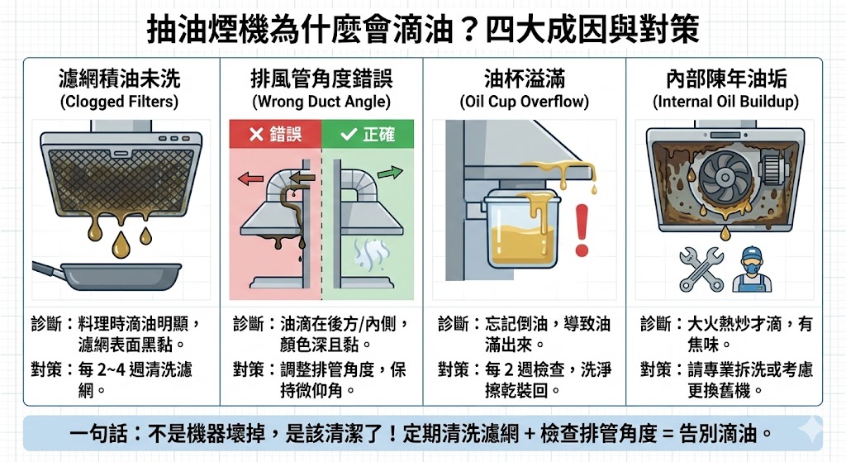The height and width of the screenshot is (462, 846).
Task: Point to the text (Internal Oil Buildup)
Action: [x=725, y=102]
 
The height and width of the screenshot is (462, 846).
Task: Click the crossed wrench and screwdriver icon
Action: [x=701, y=269]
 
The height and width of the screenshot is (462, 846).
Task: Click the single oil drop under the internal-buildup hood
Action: [x=725, y=234]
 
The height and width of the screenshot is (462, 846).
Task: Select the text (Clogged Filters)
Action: [x=120, y=102]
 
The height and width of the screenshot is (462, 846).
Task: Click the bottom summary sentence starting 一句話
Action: [x=422, y=433]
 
